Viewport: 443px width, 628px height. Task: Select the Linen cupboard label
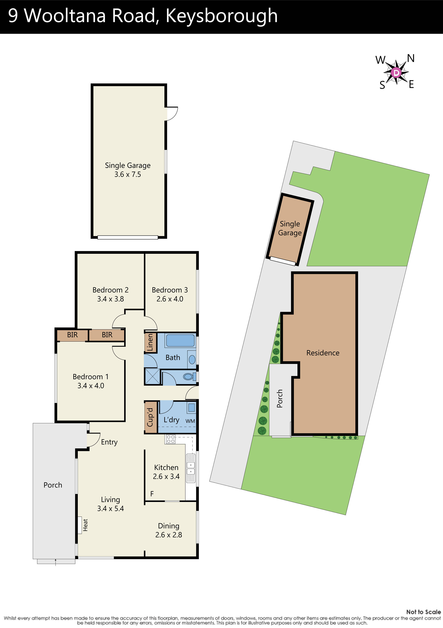tap(150, 343)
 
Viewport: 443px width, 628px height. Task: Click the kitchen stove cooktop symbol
tap(171, 439)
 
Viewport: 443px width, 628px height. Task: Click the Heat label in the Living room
tap(85, 525)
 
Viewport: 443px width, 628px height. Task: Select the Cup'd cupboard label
tap(150, 417)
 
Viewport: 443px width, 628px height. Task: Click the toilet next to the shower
tap(188, 377)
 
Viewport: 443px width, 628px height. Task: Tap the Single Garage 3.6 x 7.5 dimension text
tap(128, 175)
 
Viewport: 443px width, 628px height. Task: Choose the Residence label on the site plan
tap(323, 353)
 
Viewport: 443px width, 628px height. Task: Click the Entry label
tap(109, 442)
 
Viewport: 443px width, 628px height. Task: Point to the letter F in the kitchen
tap(152, 494)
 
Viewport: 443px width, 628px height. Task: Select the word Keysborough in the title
tap(221, 16)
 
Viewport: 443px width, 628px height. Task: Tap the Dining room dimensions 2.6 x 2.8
tap(168, 535)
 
